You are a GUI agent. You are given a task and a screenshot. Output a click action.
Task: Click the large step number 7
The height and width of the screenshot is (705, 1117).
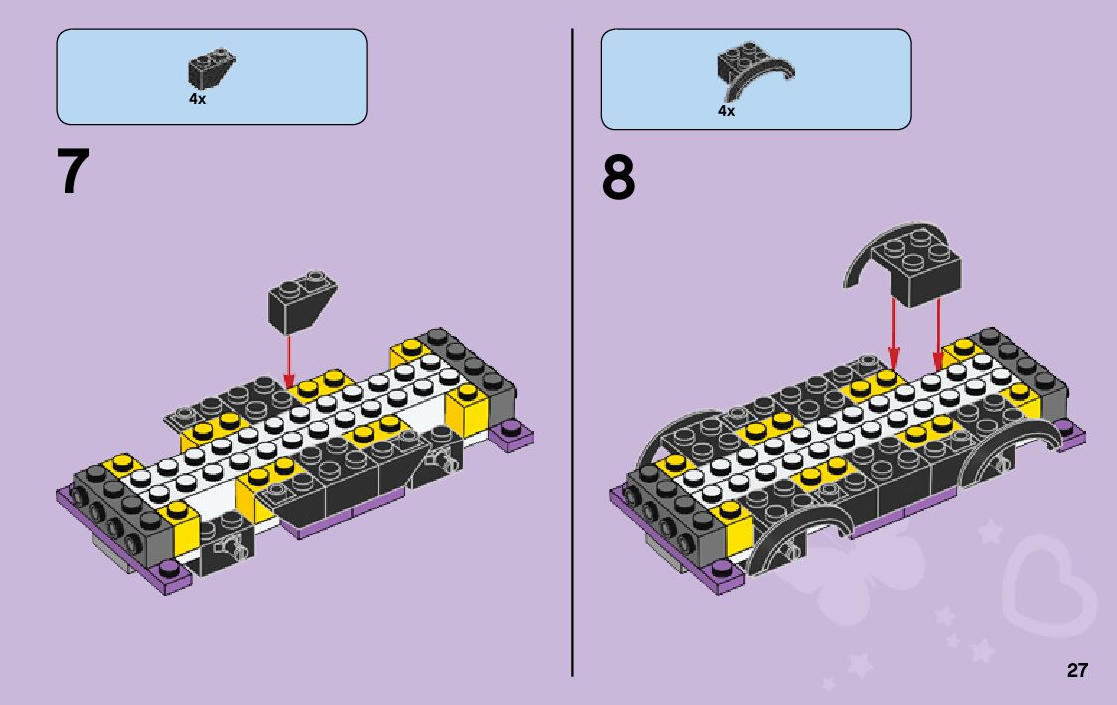click(x=74, y=172)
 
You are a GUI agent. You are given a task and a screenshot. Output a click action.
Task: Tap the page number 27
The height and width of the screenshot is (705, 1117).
click(x=1077, y=670)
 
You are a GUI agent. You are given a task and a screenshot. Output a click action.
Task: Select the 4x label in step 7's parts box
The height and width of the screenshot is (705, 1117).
click(x=197, y=99)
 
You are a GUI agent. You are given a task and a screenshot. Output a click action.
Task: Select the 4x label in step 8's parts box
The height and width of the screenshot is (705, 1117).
click(x=726, y=111)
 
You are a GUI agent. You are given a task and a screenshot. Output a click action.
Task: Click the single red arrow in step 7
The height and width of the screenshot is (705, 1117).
click(x=289, y=359)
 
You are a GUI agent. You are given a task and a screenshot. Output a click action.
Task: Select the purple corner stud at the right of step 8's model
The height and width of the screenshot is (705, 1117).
click(x=1067, y=430)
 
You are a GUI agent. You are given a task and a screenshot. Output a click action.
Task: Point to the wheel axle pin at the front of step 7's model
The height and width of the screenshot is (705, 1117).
click(x=234, y=546)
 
